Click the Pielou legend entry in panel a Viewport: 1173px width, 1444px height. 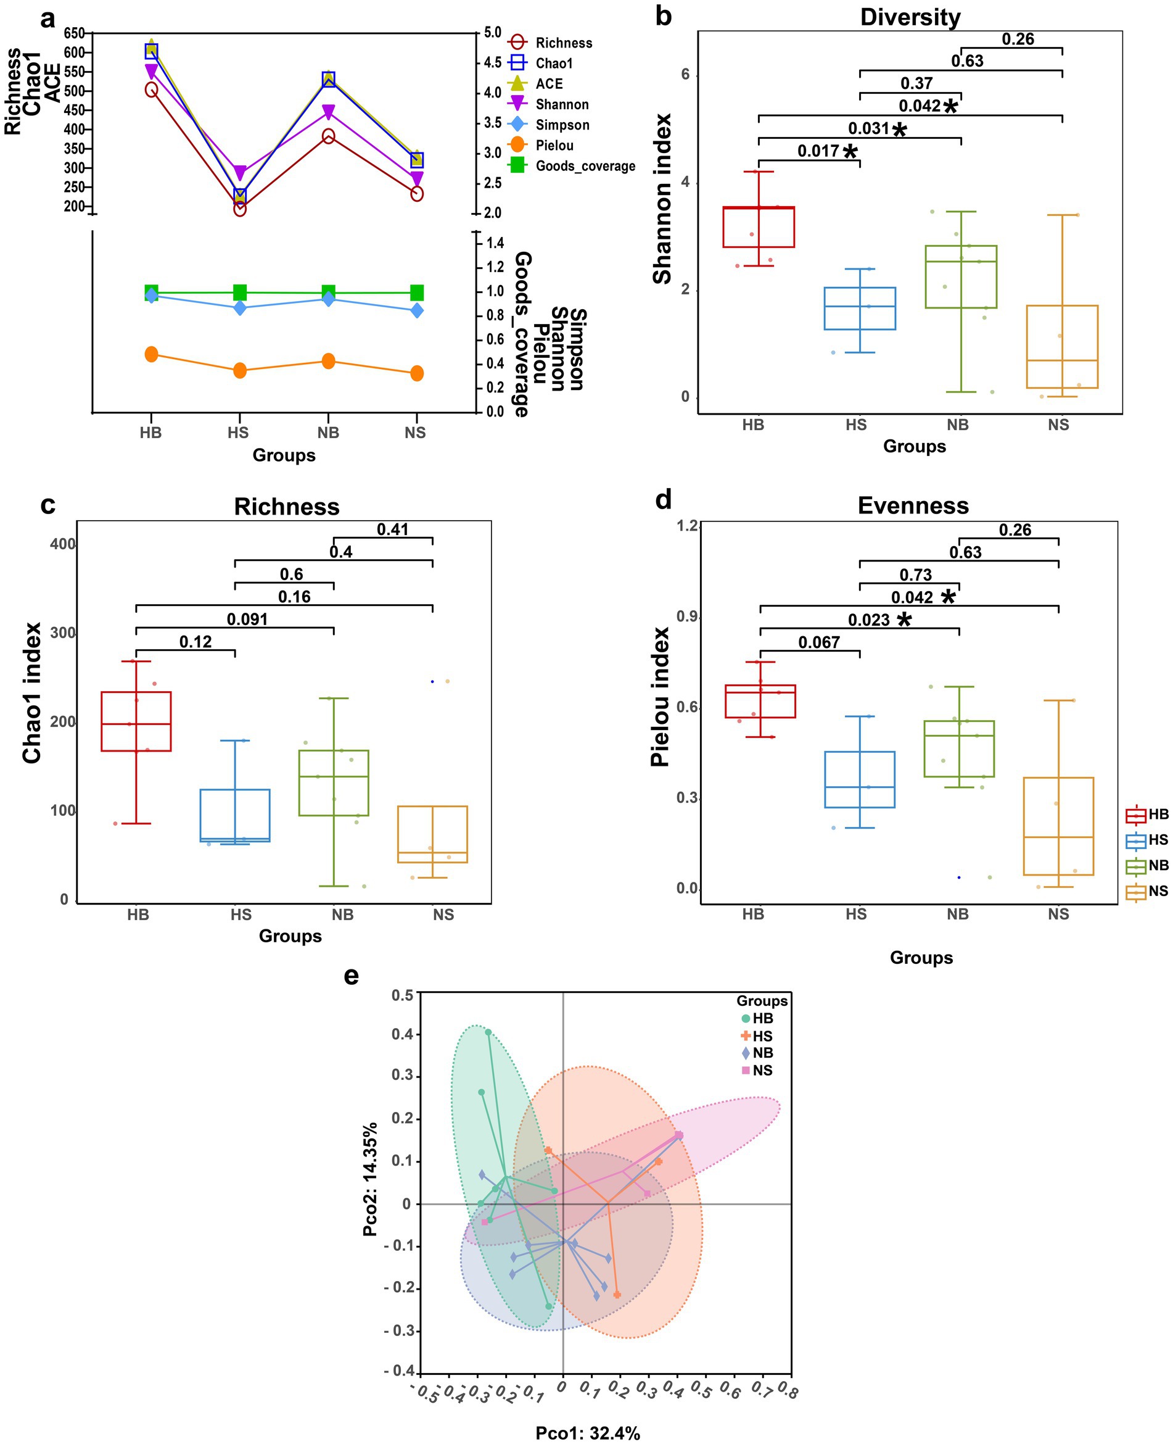(553, 146)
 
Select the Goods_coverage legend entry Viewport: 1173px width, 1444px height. (585, 165)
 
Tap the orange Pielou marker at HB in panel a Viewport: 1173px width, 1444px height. (151, 354)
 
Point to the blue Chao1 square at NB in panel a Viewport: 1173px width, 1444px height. (328, 79)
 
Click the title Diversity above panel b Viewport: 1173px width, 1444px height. (910, 17)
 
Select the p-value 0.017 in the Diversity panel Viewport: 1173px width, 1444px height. (818, 151)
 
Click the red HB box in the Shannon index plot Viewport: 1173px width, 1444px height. (758, 227)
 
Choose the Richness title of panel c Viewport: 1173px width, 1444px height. (287, 507)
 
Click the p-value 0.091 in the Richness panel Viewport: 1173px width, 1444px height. (247, 619)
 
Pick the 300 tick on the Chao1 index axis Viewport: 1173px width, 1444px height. (64, 633)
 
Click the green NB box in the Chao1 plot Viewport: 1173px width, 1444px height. (333, 783)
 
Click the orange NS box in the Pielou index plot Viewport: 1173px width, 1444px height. (1058, 826)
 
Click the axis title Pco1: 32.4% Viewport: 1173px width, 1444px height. (587, 1432)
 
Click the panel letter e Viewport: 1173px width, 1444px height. (352, 976)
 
